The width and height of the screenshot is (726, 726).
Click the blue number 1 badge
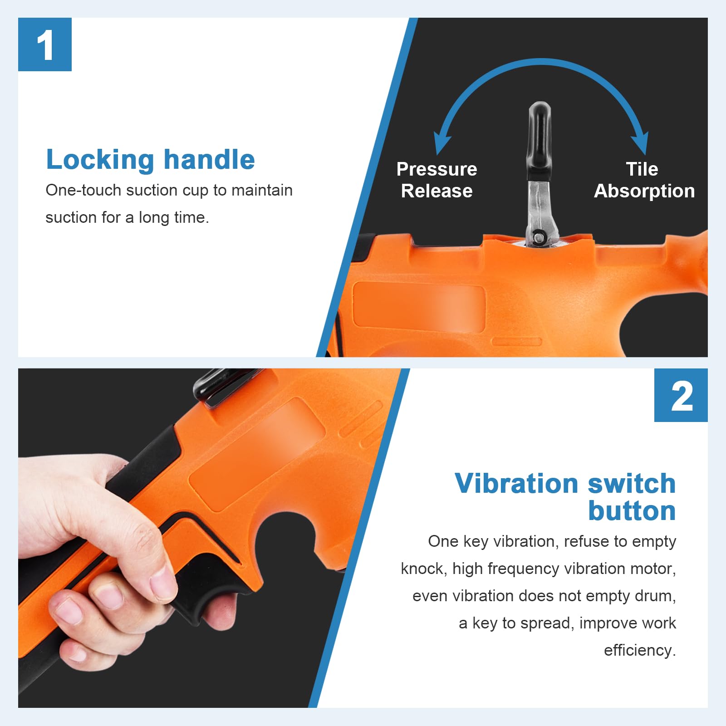[45, 44]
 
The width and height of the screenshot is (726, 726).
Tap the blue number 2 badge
[681, 395]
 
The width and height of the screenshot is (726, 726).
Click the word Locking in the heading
[100, 160]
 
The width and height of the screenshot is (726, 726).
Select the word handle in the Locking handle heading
[209, 159]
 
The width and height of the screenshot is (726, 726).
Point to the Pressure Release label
[437, 180]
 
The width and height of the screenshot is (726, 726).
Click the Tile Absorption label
[644, 180]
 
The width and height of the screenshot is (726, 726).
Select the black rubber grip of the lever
[540, 141]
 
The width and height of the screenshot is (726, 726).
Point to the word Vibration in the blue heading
[517, 483]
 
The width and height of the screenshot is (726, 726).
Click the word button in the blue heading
[632, 511]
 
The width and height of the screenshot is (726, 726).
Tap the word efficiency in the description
[640, 651]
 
